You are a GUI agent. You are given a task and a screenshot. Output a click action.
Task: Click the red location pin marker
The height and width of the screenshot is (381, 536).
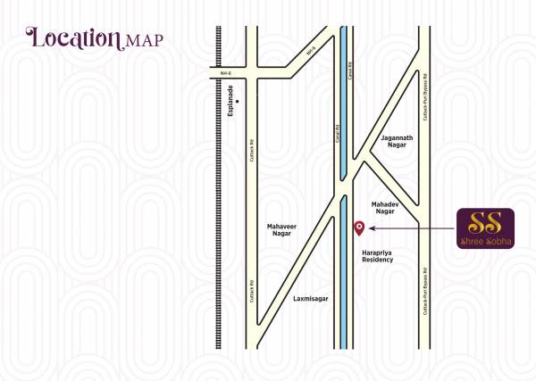pyautogui.click(x=359, y=227)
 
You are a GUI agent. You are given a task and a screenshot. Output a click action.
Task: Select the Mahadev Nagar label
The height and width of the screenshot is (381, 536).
pyautogui.click(x=384, y=207)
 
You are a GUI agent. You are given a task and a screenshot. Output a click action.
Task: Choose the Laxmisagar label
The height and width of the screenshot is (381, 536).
pyautogui.click(x=310, y=300)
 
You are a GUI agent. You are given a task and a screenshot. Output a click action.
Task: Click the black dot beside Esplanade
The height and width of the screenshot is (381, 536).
pyautogui.click(x=238, y=113)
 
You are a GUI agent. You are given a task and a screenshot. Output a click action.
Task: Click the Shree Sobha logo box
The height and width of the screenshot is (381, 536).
pyautogui.click(x=485, y=229)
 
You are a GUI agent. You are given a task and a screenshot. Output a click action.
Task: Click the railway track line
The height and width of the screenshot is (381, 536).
pyautogui.click(x=218, y=223)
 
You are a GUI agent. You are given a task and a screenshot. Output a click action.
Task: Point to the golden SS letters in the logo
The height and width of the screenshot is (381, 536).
pyautogui.click(x=485, y=222)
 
